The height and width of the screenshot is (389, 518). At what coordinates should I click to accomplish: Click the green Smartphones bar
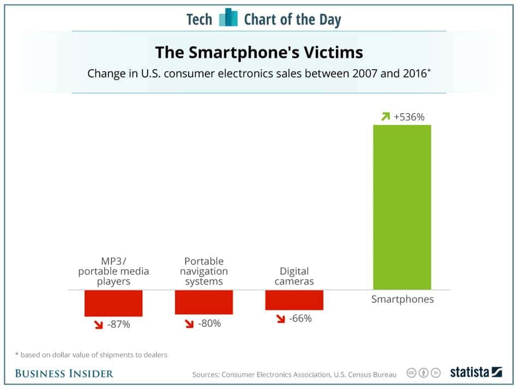tap(402, 207)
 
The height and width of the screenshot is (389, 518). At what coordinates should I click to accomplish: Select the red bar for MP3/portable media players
tap(113, 303)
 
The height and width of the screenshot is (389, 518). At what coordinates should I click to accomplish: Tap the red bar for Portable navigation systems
tap(204, 302)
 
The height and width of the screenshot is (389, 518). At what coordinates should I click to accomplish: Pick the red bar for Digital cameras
tap(294, 300)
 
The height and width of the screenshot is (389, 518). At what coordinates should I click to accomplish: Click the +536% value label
tap(409, 117)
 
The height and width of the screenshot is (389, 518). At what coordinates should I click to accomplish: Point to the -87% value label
tap(118, 325)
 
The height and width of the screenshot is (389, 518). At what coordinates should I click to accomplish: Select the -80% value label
tap(209, 323)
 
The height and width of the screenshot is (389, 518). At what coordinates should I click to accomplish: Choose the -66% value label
tap(300, 318)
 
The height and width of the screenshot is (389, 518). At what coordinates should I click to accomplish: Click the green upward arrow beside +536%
tap(386, 117)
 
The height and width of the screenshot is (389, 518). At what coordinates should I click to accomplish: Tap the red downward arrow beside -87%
tap(98, 325)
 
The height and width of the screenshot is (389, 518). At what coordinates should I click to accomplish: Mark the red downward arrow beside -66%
tap(280, 319)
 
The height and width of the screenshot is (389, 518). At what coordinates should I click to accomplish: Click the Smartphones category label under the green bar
tap(402, 299)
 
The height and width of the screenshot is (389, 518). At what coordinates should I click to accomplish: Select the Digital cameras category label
tap(294, 276)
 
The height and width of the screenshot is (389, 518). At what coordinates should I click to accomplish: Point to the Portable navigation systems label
tap(204, 271)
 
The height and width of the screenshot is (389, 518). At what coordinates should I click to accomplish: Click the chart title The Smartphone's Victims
tap(259, 52)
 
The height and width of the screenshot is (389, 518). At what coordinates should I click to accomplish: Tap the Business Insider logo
tap(64, 373)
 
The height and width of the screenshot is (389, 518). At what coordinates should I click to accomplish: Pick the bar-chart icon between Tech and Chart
tap(228, 19)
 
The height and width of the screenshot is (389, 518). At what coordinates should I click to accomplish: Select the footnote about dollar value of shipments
tap(91, 355)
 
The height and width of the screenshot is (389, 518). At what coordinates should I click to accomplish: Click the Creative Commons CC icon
tap(412, 373)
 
